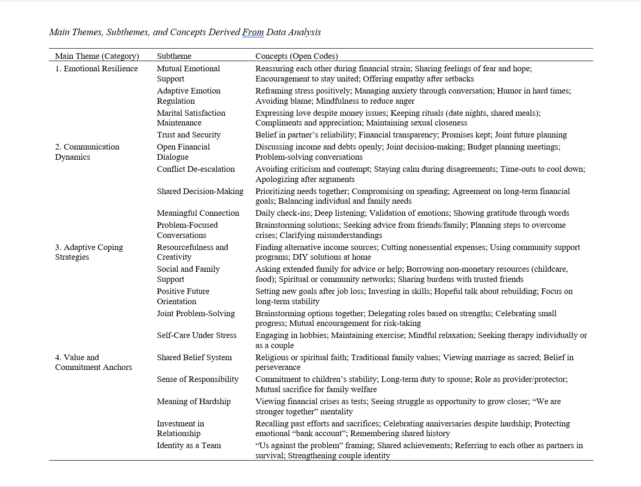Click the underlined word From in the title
tap(253, 32)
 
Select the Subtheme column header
tap(174, 56)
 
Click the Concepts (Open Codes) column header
tap(296, 56)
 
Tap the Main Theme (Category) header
tap(97, 56)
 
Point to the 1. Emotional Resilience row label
tap(96, 69)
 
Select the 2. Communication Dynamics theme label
tap(87, 152)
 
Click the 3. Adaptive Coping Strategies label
tap(89, 252)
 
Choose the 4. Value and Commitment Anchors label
tap(93, 362)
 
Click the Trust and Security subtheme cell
tap(188, 135)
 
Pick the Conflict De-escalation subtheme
tap(196, 169)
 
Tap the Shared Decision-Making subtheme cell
tap(200, 191)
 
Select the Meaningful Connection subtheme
tap(198, 213)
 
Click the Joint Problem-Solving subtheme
tap(196, 313)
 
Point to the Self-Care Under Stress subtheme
tap(196, 335)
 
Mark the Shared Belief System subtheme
tap(194, 357)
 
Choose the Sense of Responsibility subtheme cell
tap(198, 379)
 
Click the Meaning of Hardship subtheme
tap(193, 401)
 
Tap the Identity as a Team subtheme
tap(188, 445)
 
